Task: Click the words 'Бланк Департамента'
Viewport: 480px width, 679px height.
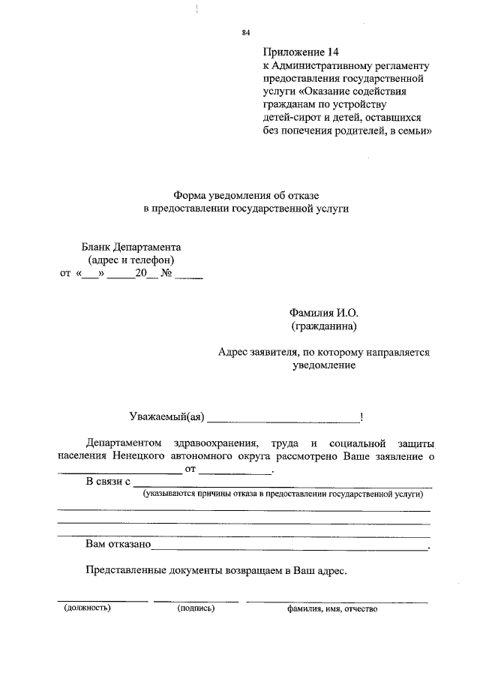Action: point(131,247)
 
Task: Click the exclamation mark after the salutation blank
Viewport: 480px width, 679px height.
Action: point(362,417)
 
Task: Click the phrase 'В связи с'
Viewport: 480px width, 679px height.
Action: point(109,482)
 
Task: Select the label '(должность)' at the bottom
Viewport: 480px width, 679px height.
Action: point(87,608)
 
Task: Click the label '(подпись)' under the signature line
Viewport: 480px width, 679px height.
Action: point(196,608)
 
